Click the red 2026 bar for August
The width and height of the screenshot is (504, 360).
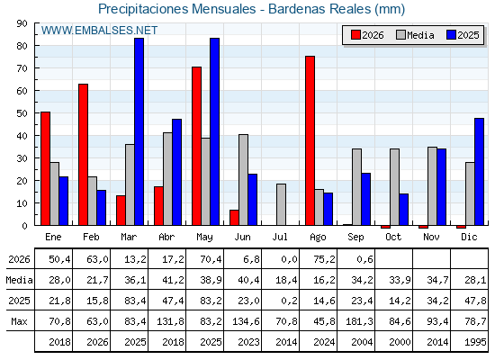pyautogui.click(x=310, y=140)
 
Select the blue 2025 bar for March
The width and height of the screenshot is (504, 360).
pyautogui.click(x=139, y=131)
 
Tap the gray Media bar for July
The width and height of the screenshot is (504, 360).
pyautogui.click(x=281, y=204)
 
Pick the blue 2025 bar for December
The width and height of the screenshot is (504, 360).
pyautogui.click(x=479, y=172)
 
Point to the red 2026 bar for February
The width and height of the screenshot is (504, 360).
pyautogui.click(x=83, y=155)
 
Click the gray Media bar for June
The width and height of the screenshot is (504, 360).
pyautogui.click(x=243, y=180)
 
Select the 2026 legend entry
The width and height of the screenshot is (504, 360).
pyautogui.click(x=367, y=35)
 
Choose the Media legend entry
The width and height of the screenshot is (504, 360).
pyautogui.click(x=415, y=35)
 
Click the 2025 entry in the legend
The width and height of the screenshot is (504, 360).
pyautogui.click(x=463, y=35)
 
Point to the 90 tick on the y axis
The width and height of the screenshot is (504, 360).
pyautogui.click(x=22, y=23)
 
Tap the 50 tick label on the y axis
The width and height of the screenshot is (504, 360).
pyautogui.click(x=22, y=113)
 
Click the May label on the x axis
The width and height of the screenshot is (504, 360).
pyautogui.click(x=204, y=238)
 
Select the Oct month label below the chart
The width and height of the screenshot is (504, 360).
pyautogui.click(x=393, y=237)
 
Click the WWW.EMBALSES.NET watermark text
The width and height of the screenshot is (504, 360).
pyautogui.click(x=99, y=31)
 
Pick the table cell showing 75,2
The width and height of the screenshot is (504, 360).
pyautogui.click(x=324, y=259)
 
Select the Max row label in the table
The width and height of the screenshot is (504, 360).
pyautogui.click(x=19, y=321)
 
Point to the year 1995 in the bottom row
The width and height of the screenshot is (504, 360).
pyautogui.click(x=475, y=342)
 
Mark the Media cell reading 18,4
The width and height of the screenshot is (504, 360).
pyautogui.click(x=286, y=280)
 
